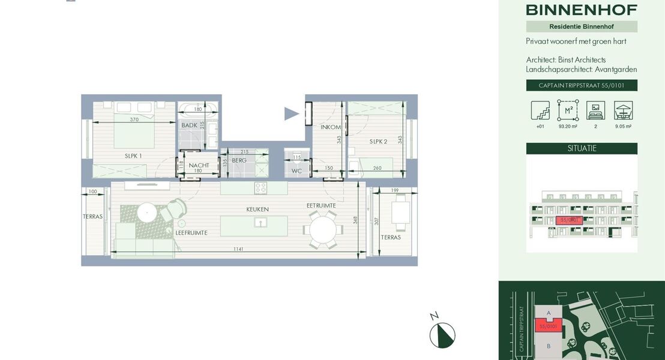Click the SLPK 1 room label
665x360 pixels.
point(133,156)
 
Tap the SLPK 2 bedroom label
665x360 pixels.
point(378,142)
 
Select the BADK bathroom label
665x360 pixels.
point(190,125)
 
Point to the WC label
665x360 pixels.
point(296,171)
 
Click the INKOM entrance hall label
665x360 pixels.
point(331,127)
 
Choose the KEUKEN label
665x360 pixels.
point(257,209)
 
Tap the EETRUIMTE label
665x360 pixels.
point(321,205)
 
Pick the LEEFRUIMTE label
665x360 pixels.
point(191,232)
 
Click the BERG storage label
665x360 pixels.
point(239,160)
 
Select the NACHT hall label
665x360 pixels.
point(199,165)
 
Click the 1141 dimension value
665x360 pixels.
point(239,249)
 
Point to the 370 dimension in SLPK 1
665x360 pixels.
point(134,119)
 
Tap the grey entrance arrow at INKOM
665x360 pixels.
point(291,113)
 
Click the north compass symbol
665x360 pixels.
point(442,335)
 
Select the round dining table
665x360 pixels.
point(322,229)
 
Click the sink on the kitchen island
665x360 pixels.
point(260,223)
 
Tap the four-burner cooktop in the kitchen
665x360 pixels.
point(260,188)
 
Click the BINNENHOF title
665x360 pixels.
point(582,10)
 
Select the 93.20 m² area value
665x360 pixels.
point(568,127)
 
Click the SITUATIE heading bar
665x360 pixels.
point(582,148)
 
